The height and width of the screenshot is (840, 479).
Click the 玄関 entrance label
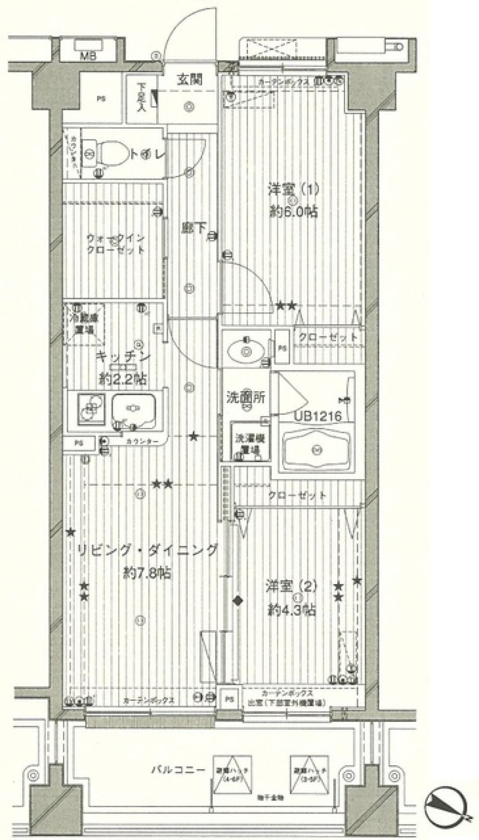(x=190, y=80)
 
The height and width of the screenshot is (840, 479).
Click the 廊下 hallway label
(x=194, y=228)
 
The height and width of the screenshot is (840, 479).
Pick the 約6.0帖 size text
(x=293, y=211)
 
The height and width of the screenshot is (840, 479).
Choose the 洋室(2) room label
(x=291, y=586)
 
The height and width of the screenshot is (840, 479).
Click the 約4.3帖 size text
(x=291, y=609)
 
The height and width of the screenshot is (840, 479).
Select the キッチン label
(x=122, y=357)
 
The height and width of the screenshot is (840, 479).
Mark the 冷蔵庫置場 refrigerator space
(x=84, y=324)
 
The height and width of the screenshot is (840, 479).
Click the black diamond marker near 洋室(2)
(x=238, y=600)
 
